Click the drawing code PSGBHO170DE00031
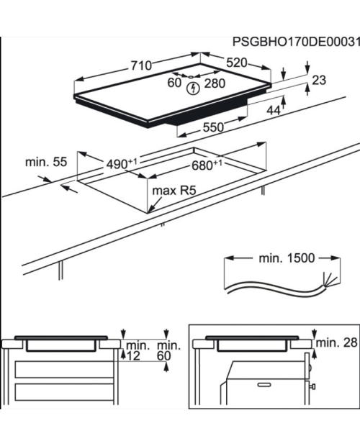click(x=296, y=42)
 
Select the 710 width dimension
click(x=141, y=65)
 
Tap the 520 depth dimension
click(x=237, y=63)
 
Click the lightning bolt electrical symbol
click(x=193, y=88)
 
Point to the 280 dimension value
click(x=215, y=83)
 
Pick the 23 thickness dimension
click(x=319, y=81)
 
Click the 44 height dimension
click(x=274, y=110)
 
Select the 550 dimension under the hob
click(x=213, y=127)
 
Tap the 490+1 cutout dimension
click(x=122, y=163)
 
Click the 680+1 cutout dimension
click(x=207, y=165)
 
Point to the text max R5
click(x=174, y=191)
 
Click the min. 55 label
click(x=46, y=162)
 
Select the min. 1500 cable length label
click(x=287, y=258)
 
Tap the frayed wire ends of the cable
click(x=330, y=279)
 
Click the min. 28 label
click(x=337, y=342)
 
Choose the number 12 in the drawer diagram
click(x=133, y=356)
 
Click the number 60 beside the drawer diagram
click(x=164, y=356)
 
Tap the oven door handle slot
click(x=264, y=385)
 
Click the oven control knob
click(x=312, y=386)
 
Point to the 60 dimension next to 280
click(x=174, y=83)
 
